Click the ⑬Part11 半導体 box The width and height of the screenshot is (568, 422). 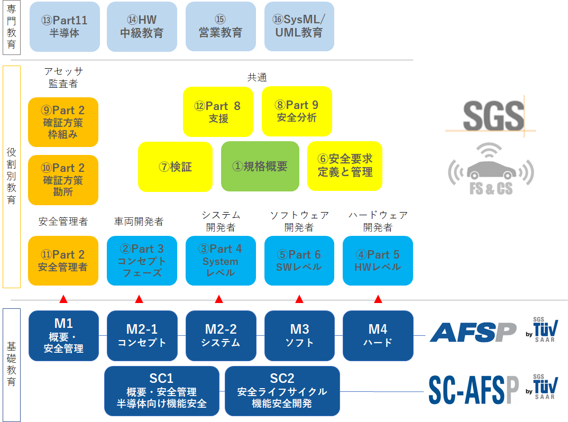(x=65, y=26)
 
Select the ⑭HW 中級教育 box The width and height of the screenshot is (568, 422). (x=142, y=26)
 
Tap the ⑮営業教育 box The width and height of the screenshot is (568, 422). (x=221, y=26)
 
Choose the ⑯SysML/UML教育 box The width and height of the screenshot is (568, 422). (x=299, y=26)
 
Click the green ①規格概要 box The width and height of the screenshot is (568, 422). (x=260, y=166)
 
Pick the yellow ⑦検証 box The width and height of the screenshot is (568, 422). (x=175, y=167)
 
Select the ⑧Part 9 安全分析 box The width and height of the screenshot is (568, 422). (x=297, y=111)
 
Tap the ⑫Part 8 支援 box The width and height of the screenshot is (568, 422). (x=218, y=112)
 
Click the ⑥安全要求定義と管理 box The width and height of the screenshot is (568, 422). (x=345, y=166)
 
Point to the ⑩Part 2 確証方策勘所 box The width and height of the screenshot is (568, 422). (x=63, y=180)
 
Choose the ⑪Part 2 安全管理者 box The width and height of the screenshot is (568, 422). (x=63, y=261)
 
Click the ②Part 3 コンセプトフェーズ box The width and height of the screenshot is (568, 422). (x=142, y=261)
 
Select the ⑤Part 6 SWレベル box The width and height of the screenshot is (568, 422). (x=299, y=261)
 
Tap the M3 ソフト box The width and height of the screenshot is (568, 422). (x=299, y=336)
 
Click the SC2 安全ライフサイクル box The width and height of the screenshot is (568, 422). (x=282, y=391)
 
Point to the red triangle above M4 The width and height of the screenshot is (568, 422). (x=378, y=299)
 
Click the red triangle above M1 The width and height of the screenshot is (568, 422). (x=63, y=299)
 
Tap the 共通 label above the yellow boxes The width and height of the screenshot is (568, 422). (x=257, y=77)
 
